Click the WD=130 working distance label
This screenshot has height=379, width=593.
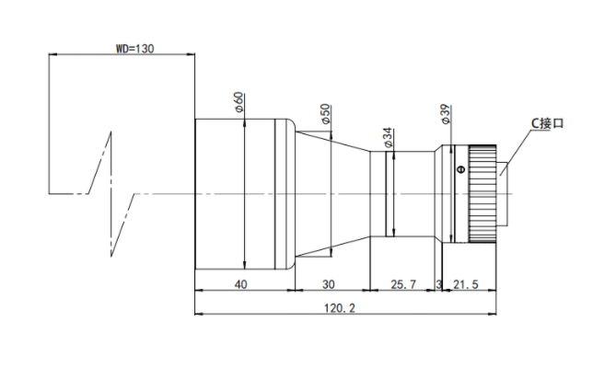(x=134, y=49)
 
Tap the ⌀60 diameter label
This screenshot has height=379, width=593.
(x=239, y=102)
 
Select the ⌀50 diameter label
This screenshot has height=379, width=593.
(x=326, y=114)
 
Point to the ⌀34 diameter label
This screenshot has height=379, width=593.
(x=389, y=138)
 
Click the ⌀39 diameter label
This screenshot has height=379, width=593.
(x=446, y=114)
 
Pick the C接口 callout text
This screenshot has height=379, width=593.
(x=547, y=123)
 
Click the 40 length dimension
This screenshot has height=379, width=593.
(x=241, y=284)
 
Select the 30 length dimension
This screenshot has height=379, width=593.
(x=328, y=284)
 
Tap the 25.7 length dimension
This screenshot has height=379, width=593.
(x=403, y=284)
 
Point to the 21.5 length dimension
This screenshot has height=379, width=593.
(x=466, y=284)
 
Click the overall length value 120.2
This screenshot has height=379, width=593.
(x=340, y=308)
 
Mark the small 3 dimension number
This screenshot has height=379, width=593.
(x=438, y=284)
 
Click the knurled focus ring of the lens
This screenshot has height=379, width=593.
(x=483, y=194)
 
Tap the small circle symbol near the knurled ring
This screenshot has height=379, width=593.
(x=460, y=169)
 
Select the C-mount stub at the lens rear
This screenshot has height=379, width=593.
(x=502, y=194)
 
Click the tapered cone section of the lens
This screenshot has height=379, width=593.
(x=332, y=194)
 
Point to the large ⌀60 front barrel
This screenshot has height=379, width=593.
(x=245, y=194)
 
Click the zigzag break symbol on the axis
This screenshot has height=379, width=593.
(x=111, y=194)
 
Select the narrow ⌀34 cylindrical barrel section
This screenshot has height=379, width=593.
(x=402, y=194)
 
